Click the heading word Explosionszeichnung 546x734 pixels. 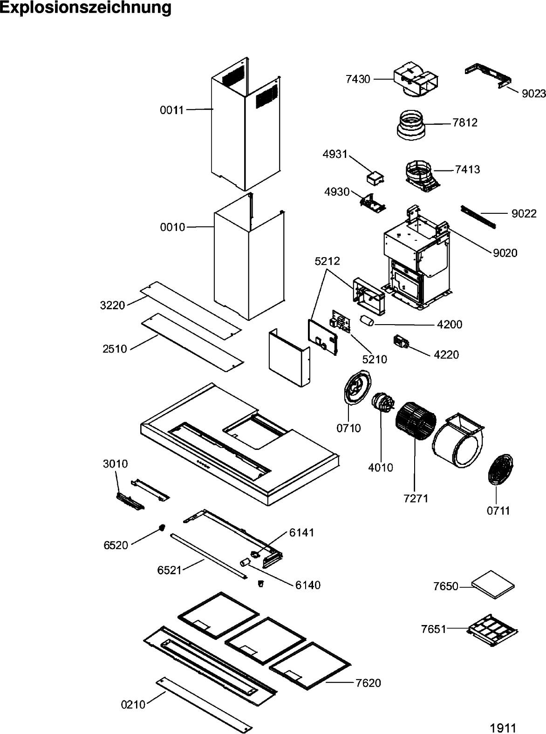[x=86, y=8]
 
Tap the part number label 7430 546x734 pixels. [x=358, y=79]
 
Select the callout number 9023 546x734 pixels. [x=533, y=94]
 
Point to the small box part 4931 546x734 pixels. [x=375, y=177]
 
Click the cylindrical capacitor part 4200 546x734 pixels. [x=367, y=321]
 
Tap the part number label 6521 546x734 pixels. [x=170, y=570]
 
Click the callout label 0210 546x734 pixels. [x=133, y=705]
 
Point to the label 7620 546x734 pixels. [x=368, y=683]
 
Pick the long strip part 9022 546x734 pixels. [x=478, y=217]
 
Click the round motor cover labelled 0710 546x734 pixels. [x=356, y=386]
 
